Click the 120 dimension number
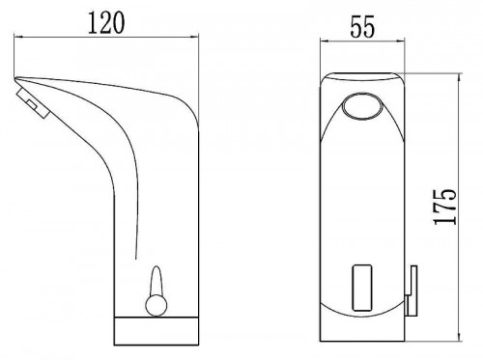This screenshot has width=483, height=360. (106, 22)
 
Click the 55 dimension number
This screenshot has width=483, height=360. (362, 27)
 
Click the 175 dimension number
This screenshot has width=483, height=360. (445, 208)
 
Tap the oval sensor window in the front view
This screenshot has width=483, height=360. (361, 106)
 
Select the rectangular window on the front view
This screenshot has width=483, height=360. (362, 288)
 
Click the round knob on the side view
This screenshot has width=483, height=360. (156, 305)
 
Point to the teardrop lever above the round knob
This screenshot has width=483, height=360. (156, 280)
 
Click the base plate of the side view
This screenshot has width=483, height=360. (156, 331)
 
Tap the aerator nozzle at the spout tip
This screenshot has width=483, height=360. (32, 103)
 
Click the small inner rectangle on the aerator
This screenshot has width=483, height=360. (33, 104)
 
